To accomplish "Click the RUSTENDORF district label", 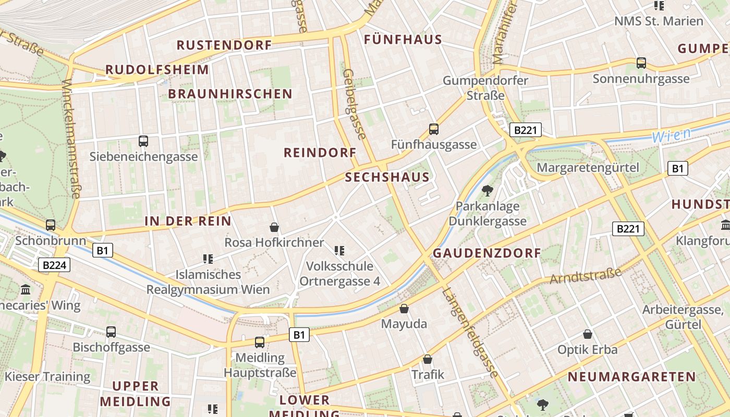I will pyautogui.click(x=224, y=45).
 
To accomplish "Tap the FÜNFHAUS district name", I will pyautogui.click(x=403, y=40).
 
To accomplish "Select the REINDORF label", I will pyautogui.click(x=320, y=153).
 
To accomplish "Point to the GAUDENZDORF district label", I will pyautogui.click(x=487, y=253).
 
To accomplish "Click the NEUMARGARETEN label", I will pyautogui.click(x=631, y=376).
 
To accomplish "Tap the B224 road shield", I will pyautogui.click(x=54, y=265).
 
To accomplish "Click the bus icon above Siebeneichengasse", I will pyautogui.click(x=143, y=141).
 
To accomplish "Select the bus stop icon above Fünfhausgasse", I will pyautogui.click(x=433, y=129).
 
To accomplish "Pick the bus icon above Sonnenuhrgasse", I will pyautogui.click(x=641, y=63).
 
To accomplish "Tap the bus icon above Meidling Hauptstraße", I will pyautogui.click(x=260, y=342).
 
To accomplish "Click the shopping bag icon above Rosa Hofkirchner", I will pyautogui.click(x=274, y=227).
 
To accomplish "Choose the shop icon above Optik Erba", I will pyautogui.click(x=588, y=334).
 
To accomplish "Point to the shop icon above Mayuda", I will pyautogui.click(x=404, y=309).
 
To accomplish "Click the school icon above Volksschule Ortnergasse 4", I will pyautogui.click(x=339, y=251).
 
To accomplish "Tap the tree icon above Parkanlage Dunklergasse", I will pyautogui.click(x=488, y=190).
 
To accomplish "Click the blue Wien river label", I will pyautogui.click(x=671, y=135).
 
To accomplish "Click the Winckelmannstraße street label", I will pyautogui.click(x=70, y=139).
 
